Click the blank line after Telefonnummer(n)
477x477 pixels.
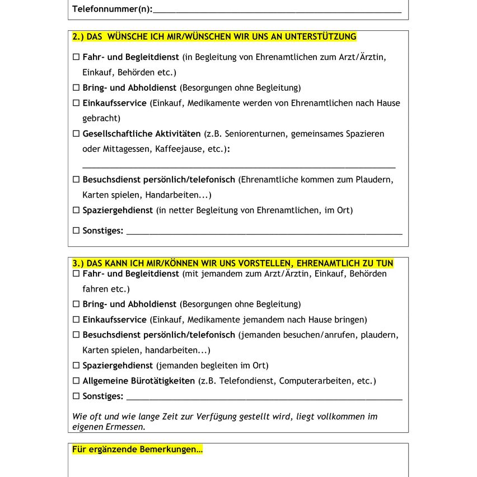277,10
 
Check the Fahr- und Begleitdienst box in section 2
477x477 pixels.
76,57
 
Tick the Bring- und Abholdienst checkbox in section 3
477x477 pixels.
76,305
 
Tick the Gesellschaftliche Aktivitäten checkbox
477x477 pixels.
76,134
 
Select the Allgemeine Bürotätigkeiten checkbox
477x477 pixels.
76,381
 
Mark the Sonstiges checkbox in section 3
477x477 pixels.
76,396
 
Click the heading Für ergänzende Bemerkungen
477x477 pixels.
137,450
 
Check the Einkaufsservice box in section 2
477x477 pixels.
76,103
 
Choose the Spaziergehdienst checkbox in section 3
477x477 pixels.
76,366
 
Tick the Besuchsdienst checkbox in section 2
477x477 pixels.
76,180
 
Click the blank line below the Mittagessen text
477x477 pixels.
239,166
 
